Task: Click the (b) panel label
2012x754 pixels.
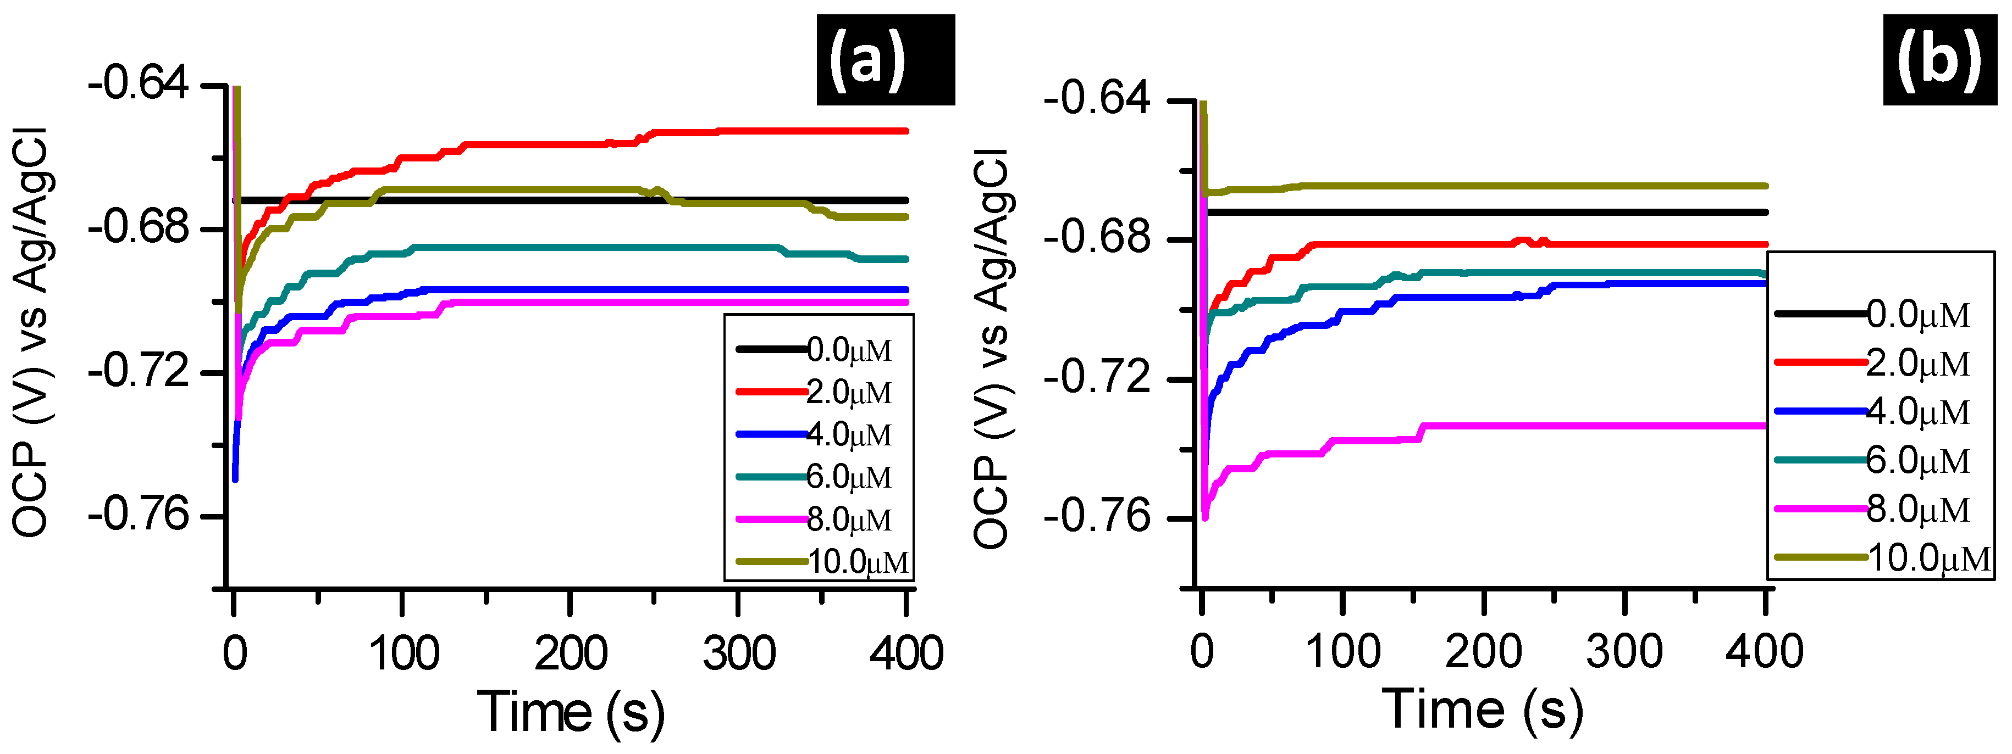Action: (1939, 60)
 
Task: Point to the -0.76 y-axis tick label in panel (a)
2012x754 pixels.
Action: (139, 515)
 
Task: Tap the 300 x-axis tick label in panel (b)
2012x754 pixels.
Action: (1624, 651)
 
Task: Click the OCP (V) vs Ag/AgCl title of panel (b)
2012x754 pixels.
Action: (992, 347)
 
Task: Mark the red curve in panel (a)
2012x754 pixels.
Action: (547, 144)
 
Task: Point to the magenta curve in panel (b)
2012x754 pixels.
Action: (1562, 426)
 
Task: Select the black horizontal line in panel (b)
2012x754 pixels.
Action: (1484, 213)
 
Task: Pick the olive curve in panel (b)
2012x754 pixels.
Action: (1484, 186)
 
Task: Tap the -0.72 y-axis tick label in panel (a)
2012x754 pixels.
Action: (139, 372)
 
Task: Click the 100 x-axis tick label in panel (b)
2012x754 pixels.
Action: (1342, 651)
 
